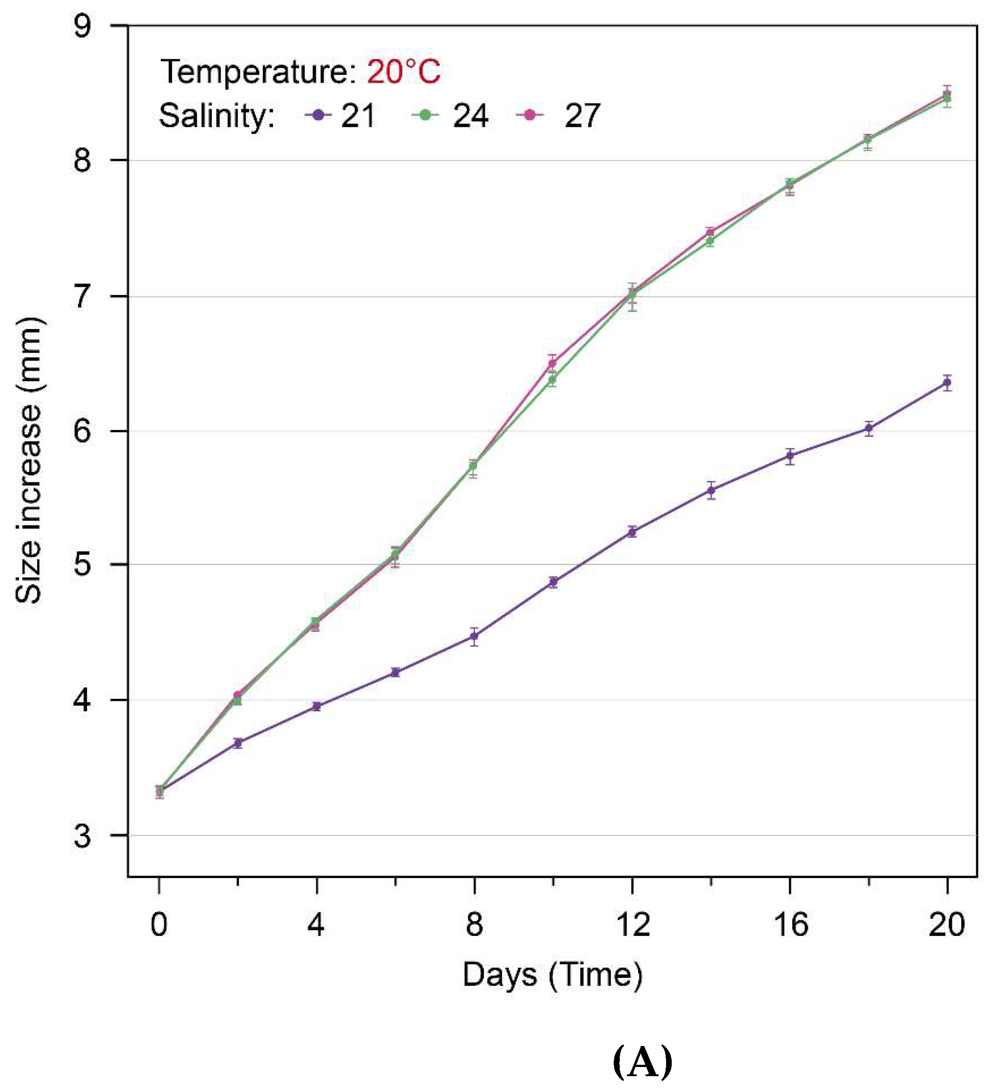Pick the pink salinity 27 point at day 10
(552, 363)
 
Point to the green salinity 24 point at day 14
(710, 241)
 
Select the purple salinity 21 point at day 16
(790, 456)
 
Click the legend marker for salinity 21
(318, 115)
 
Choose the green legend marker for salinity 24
(425, 115)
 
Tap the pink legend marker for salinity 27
(530, 115)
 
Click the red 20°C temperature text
(404, 71)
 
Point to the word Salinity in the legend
(216, 116)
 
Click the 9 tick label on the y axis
(82, 26)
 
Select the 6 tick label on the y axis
(82, 431)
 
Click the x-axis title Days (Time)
(552, 975)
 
